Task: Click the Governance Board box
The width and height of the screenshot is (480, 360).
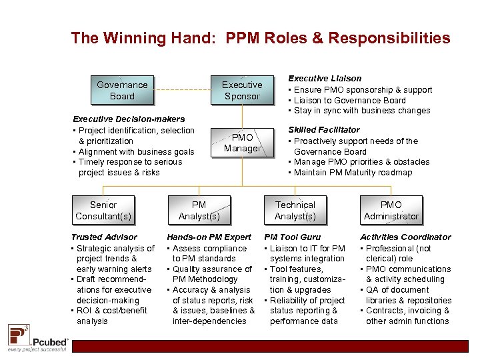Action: (122, 91)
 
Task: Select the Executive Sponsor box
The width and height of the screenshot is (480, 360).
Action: (242, 91)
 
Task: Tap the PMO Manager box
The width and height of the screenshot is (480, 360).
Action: (242, 143)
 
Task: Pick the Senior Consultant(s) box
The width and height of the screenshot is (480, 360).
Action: (103, 210)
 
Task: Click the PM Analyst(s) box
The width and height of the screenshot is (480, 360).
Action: (199, 210)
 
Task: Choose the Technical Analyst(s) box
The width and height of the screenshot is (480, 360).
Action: (295, 210)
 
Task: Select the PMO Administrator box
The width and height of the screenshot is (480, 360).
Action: (391, 210)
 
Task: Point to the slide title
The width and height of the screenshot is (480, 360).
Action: (260, 38)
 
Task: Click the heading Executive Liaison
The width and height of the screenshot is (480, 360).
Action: (325, 79)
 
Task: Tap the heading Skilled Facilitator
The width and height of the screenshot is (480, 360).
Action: (324, 130)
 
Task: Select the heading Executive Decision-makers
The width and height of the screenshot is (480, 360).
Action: (129, 119)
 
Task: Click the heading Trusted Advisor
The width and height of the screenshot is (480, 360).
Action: (104, 237)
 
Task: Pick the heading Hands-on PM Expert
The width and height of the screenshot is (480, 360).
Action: (209, 237)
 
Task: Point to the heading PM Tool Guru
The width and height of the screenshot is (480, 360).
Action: (293, 237)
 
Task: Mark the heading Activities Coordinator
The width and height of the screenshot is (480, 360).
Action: (405, 237)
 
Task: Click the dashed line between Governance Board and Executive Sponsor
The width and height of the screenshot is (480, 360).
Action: (181, 91)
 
